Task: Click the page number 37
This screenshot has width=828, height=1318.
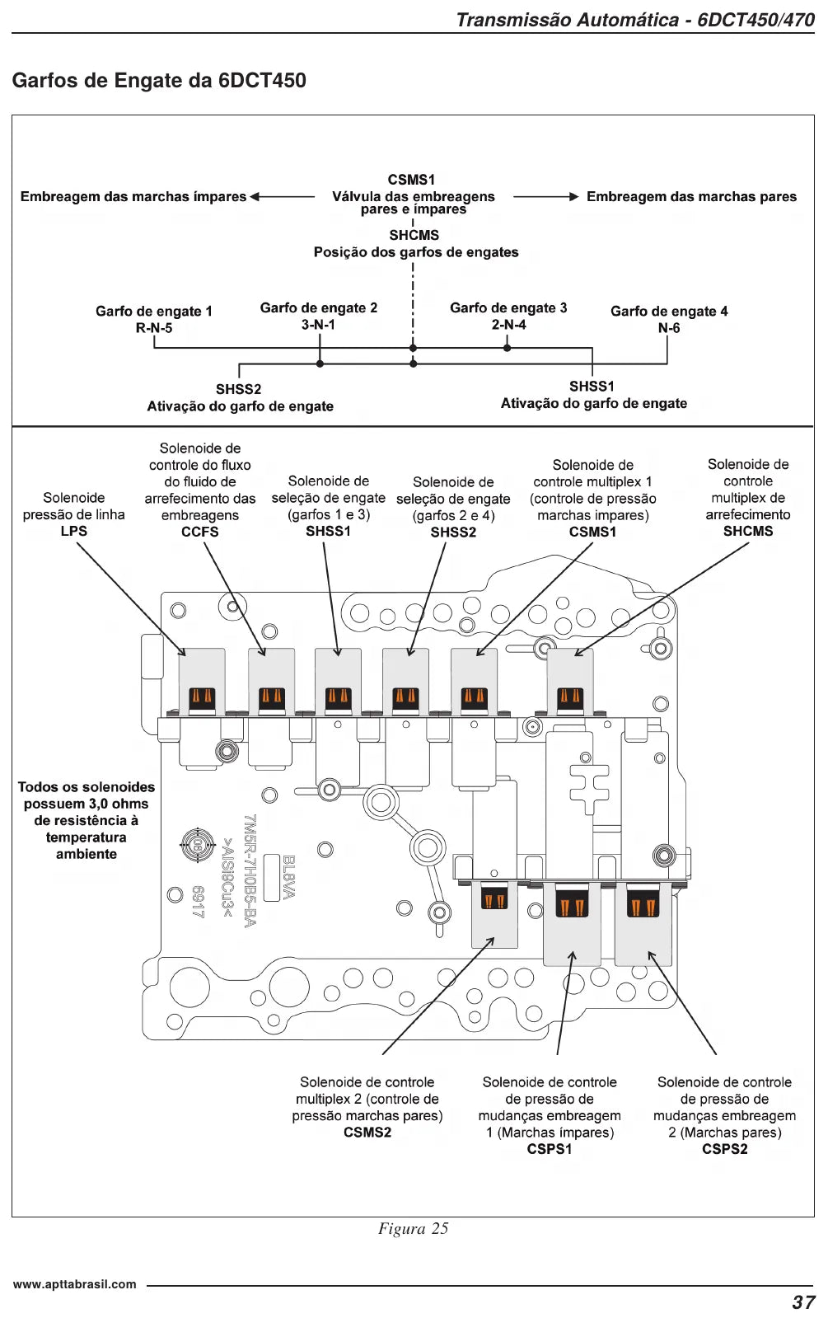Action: tap(803, 1302)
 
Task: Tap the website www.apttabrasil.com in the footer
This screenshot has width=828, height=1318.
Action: tap(75, 1284)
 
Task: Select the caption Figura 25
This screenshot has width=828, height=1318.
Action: tap(413, 1228)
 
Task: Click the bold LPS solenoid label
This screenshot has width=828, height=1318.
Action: tap(74, 531)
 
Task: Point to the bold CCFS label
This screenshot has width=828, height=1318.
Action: tap(200, 532)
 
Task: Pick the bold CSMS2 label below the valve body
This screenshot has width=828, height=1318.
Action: tap(367, 1132)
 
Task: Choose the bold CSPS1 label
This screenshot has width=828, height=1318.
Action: tap(550, 1149)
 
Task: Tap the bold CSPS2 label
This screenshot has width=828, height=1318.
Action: tap(724, 1149)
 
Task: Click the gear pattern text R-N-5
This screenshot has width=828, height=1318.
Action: tap(154, 328)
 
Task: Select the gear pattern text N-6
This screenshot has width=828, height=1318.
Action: tap(669, 328)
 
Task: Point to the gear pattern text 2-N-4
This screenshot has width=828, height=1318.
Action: tap(508, 324)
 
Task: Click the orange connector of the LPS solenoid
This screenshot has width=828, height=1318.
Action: tap(202, 697)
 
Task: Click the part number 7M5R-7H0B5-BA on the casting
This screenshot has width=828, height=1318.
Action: tap(250, 870)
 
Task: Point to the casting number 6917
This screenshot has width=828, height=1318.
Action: tap(199, 902)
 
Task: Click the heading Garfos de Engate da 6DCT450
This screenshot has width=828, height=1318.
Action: tap(159, 80)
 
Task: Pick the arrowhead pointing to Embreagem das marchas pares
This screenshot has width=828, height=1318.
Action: tap(574, 196)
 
